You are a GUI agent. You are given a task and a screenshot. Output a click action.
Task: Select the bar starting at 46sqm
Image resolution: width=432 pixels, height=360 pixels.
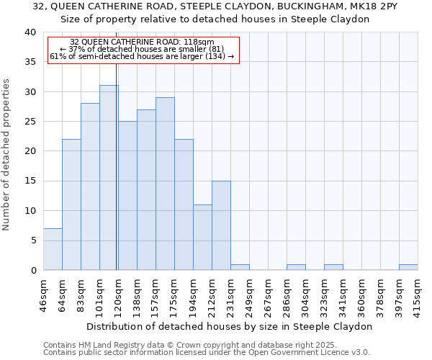53,249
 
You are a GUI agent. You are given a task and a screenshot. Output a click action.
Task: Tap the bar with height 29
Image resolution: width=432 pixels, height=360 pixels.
165,184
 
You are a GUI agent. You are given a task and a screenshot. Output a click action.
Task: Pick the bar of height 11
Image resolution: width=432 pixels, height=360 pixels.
202,238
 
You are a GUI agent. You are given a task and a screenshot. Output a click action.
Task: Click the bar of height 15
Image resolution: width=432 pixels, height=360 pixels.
221,225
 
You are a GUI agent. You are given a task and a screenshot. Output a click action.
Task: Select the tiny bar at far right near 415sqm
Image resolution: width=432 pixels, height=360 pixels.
408,267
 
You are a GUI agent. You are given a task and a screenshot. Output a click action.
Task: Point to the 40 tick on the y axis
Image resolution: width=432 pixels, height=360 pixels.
30,32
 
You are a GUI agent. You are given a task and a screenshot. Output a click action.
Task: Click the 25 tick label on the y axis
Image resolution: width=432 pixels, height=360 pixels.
30,122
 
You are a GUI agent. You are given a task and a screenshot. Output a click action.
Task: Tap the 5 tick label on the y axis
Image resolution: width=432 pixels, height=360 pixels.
33,240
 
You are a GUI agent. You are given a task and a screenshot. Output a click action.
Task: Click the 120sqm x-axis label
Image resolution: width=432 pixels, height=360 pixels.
118,294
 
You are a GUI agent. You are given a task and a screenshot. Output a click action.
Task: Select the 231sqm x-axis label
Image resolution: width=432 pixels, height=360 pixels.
230,294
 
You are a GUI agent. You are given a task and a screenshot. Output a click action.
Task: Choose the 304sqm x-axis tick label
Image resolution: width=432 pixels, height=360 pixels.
305,294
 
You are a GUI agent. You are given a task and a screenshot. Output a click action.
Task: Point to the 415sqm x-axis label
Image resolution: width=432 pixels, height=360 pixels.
418,294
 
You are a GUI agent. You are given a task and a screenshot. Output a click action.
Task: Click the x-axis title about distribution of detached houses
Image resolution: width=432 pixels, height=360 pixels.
229,326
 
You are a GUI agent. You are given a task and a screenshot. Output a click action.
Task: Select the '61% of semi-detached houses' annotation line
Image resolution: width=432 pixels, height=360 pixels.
142,56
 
